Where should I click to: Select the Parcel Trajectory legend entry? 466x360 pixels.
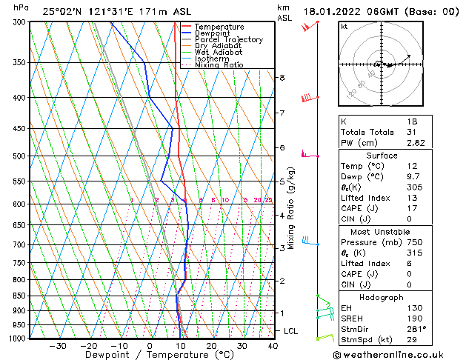228,39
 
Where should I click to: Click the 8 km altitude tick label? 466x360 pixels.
282,77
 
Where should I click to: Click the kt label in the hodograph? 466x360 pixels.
344,26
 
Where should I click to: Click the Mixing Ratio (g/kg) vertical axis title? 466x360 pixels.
292,207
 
